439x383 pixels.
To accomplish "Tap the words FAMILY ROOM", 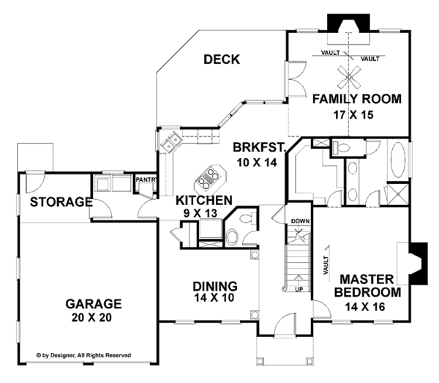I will pos(356,98).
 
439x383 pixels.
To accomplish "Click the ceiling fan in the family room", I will pos(350,73).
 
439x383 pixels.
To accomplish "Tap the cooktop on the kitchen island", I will pos(208,176).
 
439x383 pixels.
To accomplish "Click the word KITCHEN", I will pos(204,200).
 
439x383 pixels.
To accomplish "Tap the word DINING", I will pos(214,286).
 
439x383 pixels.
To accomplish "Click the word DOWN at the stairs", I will pos(300,220).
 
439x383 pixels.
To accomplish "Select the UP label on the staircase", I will pos(299,289).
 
